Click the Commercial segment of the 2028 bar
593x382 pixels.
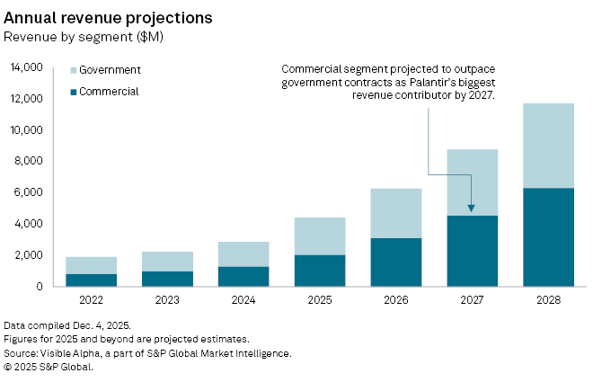pos(548,237)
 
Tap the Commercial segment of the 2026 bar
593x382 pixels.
pos(395,262)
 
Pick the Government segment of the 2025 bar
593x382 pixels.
pos(319,236)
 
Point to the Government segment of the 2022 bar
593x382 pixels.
pos(91,265)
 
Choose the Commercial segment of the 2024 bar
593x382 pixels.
pos(243,276)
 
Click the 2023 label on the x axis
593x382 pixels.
pos(166,300)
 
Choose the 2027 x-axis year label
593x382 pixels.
pos(472,300)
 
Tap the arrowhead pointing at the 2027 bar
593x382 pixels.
pos(472,209)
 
